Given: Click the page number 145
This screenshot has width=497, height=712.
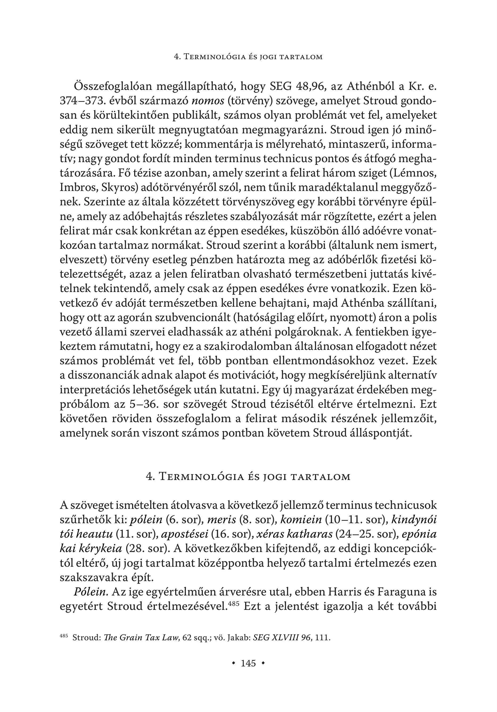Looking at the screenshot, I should click(x=248, y=663).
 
